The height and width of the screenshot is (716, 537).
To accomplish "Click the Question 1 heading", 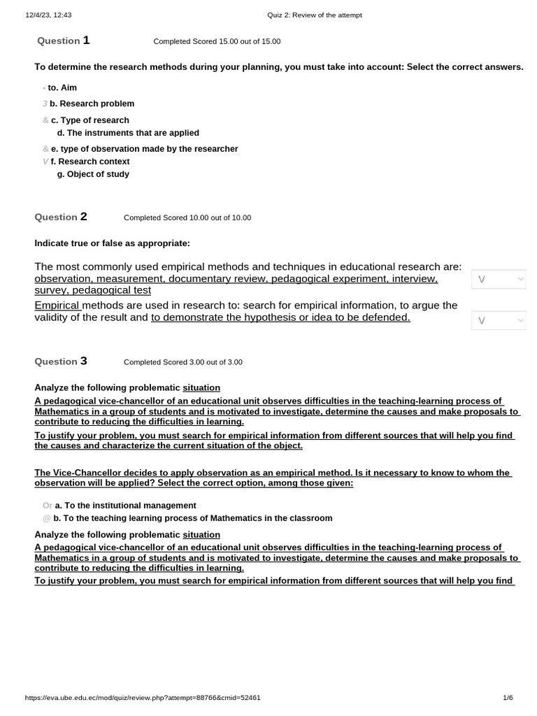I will tap(63, 41).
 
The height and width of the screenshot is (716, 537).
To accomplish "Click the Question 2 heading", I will tap(61, 217).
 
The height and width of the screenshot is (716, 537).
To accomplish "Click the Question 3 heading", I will tap(61, 361).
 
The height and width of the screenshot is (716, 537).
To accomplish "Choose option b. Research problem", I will tap(91, 103).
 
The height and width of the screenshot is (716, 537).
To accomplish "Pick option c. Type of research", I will tap(89, 120).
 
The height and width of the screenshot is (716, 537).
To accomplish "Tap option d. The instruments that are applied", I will tap(128, 133).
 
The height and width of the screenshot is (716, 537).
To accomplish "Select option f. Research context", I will tap(89, 162).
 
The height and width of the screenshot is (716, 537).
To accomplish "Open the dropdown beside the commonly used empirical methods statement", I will tap(499, 279).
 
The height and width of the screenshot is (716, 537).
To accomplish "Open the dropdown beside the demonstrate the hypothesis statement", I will tap(499, 320).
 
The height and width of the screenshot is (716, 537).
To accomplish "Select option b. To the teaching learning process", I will tap(192, 518).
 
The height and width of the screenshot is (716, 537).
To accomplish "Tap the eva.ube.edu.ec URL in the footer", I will tap(143, 698).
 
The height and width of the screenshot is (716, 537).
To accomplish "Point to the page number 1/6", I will tap(508, 698).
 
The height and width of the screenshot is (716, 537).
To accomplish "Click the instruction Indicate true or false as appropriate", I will tap(112, 243).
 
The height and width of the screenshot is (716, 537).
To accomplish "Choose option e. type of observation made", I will tap(143, 149).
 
